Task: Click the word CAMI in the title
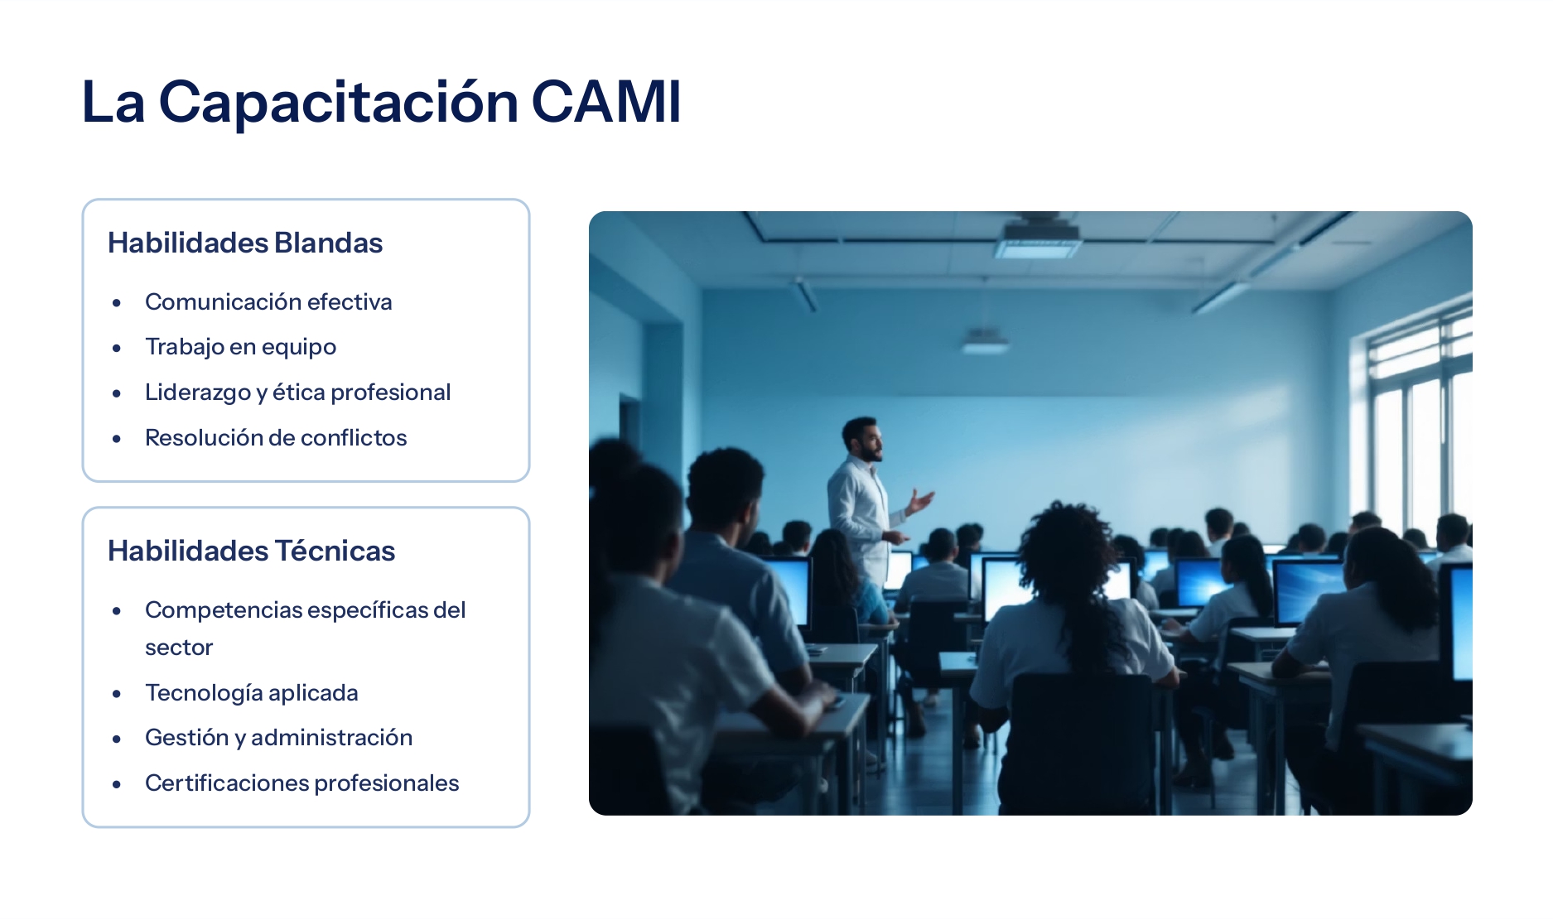tap(605, 103)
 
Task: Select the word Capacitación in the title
tap(338, 103)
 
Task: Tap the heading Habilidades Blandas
tap(245, 243)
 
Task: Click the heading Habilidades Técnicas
tap(251, 551)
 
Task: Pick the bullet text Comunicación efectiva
tap(268, 302)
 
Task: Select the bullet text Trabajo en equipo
tap(240, 347)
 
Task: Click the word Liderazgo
tap(197, 393)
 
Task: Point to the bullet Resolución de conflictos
tap(276, 437)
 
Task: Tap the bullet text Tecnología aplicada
tap(251, 692)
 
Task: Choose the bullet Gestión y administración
tap(278, 737)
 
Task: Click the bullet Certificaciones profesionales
tap(301, 783)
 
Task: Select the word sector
tap(179, 648)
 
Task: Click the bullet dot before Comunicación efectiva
tap(117, 303)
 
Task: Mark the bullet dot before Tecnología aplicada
tap(117, 694)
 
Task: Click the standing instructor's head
tap(861, 439)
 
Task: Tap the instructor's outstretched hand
tap(921, 500)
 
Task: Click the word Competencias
tap(224, 610)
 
